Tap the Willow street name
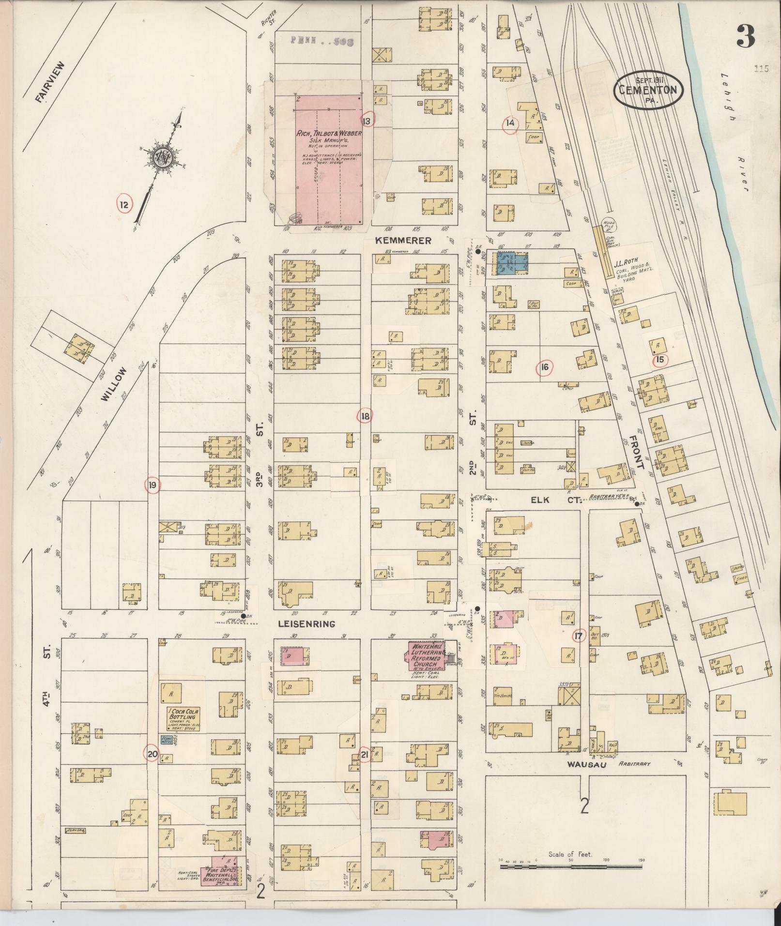115,384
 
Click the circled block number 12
124,205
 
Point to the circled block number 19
153,485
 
